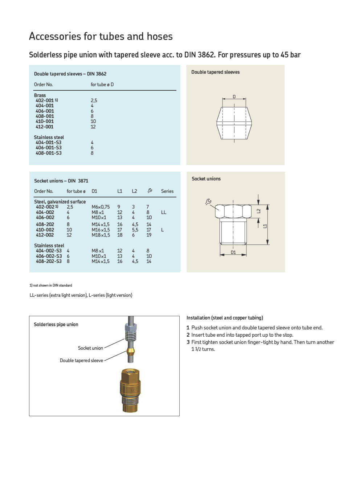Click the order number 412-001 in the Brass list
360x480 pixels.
44,127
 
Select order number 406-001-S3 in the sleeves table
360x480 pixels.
48,148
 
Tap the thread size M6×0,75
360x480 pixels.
101,207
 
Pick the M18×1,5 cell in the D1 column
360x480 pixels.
101,235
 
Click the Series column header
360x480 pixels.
167,191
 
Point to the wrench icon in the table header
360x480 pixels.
150,191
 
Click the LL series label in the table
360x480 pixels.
164,212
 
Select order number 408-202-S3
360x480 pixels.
49,261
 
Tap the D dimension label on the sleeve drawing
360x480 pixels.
234,97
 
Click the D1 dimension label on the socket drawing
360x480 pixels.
233,252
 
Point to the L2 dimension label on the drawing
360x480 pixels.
258,211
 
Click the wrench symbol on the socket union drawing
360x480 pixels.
208,202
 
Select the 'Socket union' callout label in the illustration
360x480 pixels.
90,348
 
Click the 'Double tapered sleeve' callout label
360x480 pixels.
81,360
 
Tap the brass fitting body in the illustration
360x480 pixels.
130,390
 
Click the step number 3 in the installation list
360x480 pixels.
188,342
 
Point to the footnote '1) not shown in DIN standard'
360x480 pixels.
51,285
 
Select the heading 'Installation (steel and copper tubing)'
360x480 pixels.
225,318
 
